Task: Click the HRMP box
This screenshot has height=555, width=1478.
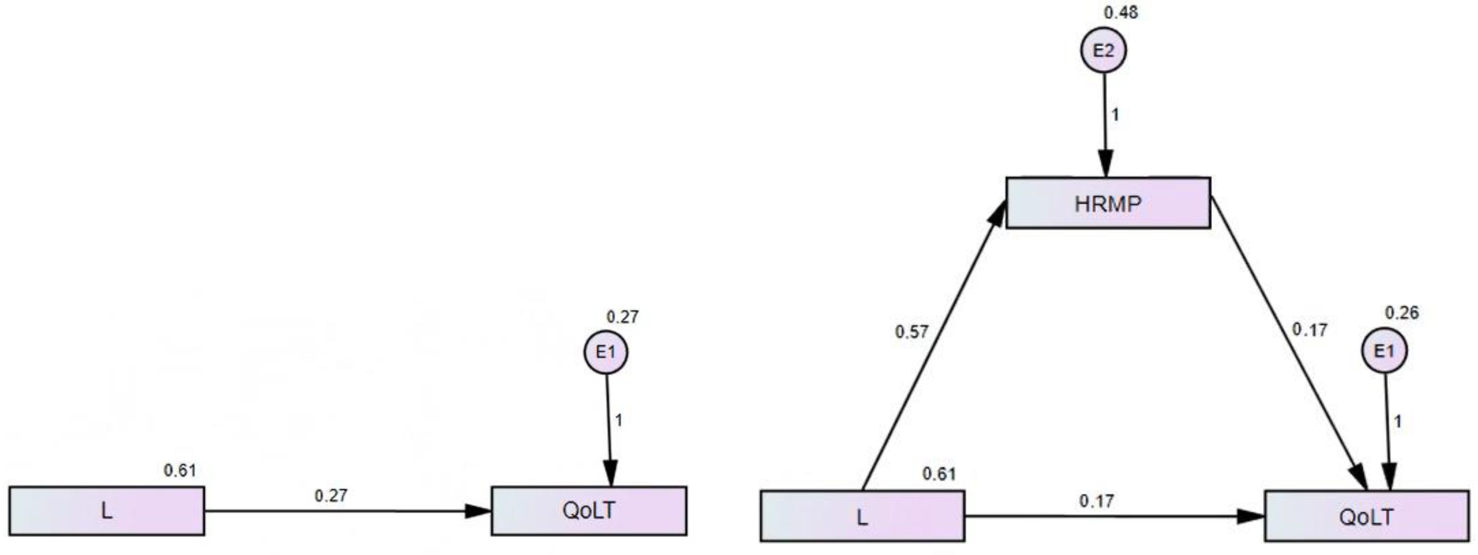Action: click(x=1108, y=203)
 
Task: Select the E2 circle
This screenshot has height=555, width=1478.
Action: click(x=1103, y=51)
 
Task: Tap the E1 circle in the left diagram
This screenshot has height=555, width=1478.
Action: click(x=606, y=352)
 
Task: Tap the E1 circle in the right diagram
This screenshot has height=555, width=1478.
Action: click(x=1384, y=351)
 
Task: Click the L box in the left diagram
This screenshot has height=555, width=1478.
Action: click(x=107, y=511)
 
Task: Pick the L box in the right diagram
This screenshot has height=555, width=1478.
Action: click(x=862, y=516)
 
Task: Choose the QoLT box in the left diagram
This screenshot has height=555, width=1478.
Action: click(x=589, y=511)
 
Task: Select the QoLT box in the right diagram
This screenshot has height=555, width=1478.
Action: click(x=1366, y=516)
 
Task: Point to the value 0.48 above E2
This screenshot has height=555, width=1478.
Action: click(x=1120, y=12)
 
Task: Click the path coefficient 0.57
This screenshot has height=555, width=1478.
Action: click(x=911, y=332)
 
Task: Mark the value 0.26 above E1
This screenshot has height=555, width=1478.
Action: click(x=1402, y=313)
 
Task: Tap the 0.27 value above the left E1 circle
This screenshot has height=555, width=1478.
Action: click(x=623, y=316)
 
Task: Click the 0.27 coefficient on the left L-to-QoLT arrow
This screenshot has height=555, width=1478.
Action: click(x=330, y=496)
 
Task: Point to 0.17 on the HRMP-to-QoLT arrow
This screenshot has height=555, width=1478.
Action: click(x=1309, y=330)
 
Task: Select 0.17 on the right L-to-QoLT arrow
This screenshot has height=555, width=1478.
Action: click(x=1097, y=501)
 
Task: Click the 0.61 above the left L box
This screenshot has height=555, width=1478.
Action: click(x=179, y=471)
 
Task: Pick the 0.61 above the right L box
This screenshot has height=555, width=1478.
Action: click(x=939, y=474)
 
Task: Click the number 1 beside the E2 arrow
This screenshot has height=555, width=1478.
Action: click(x=1115, y=115)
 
